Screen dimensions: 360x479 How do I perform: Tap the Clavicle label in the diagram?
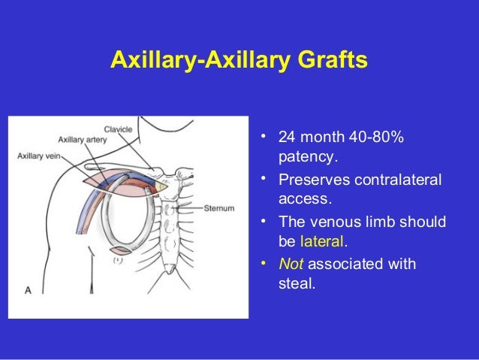point(119,129)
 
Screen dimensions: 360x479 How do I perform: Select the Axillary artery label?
point(82,139)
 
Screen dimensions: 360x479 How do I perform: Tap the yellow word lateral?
point(323,242)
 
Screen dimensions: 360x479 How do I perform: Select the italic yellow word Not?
point(290,265)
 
